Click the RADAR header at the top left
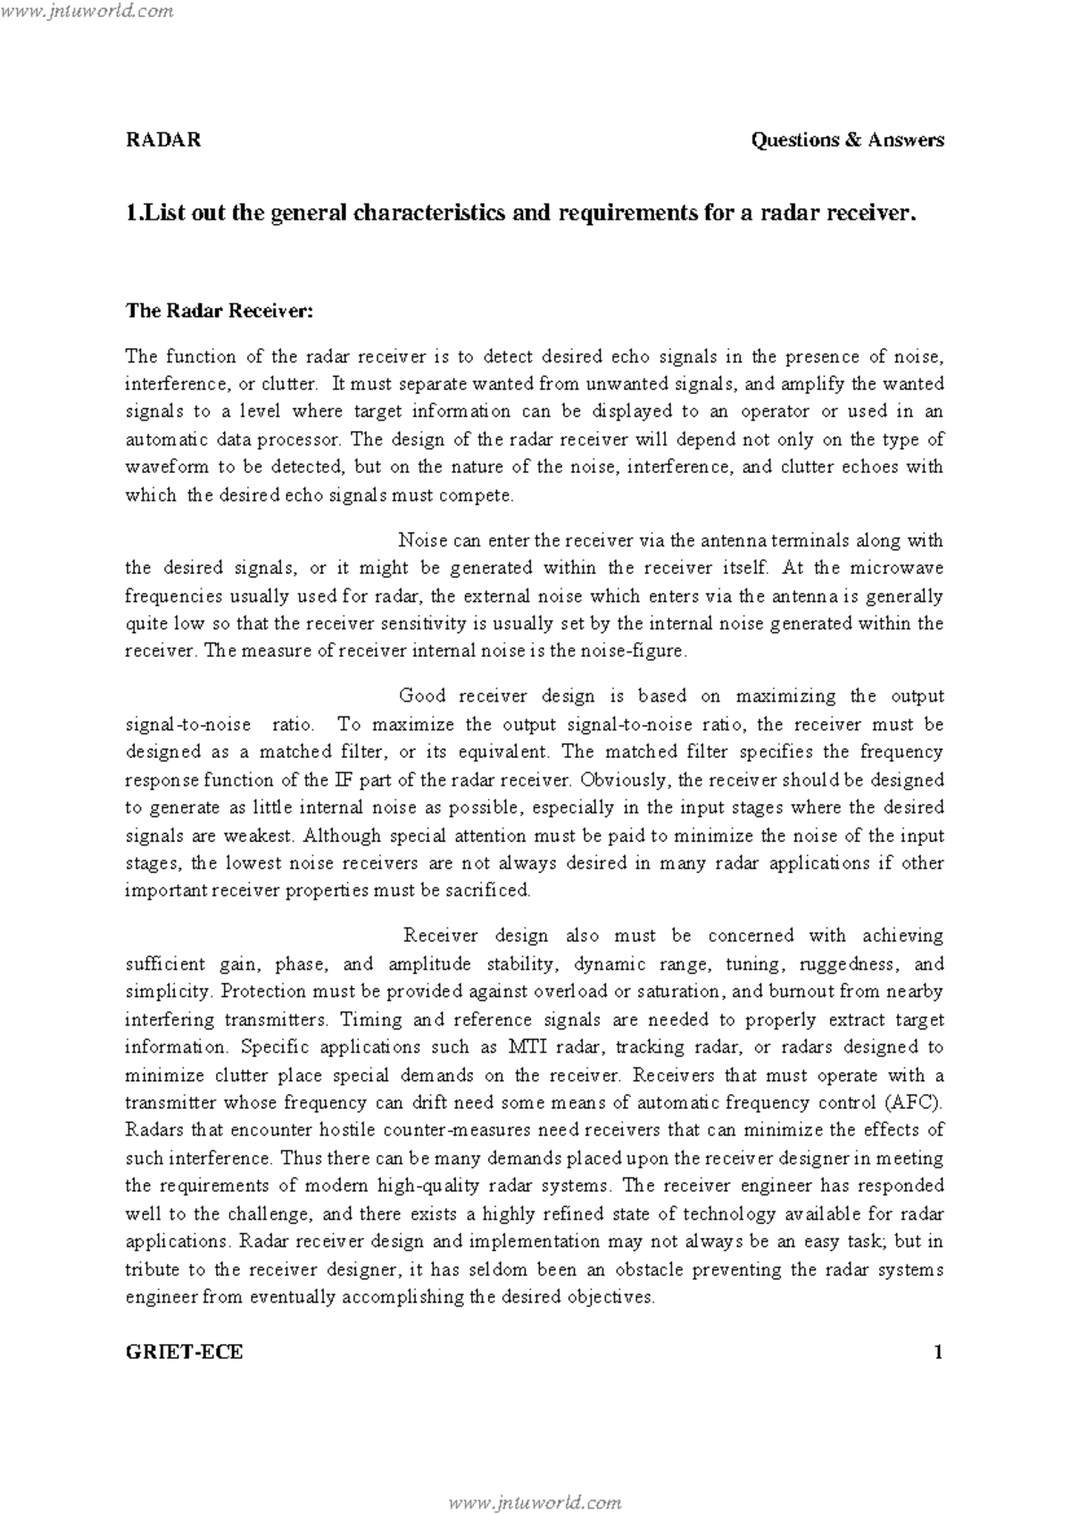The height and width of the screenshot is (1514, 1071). (162, 140)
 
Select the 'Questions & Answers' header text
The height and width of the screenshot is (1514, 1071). (847, 140)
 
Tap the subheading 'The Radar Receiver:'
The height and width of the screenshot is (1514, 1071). (219, 311)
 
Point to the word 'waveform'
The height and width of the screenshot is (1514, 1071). (166, 467)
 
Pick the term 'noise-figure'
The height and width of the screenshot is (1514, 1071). (642, 652)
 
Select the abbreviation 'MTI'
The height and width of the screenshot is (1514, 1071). (532, 1047)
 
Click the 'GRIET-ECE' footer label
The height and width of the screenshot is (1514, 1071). (184, 1352)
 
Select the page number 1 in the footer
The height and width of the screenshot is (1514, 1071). (938, 1352)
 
